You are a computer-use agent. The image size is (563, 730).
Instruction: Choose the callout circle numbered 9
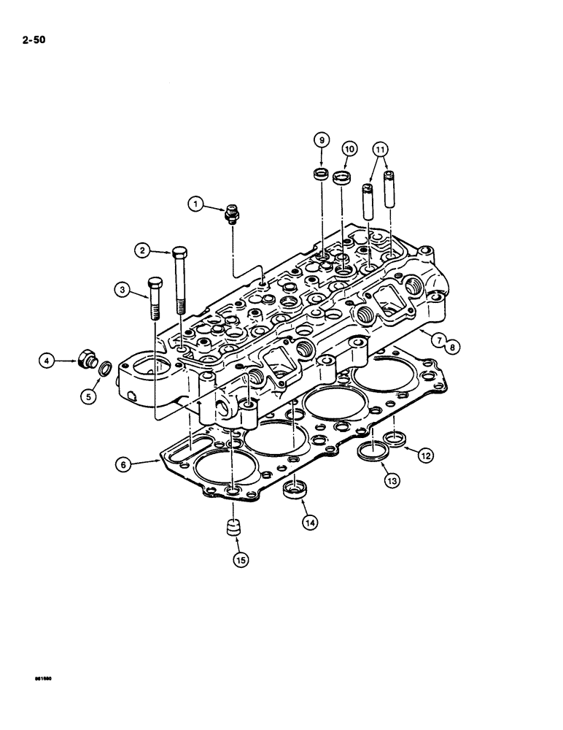pyautogui.click(x=322, y=139)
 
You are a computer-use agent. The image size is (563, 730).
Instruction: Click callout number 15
pyautogui.click(x=239, y=560)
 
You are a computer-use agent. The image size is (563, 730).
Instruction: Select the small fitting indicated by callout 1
pyautogui.click(x=231, y=212)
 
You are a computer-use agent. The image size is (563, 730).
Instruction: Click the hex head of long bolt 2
pyautogui.click(x=179, y=254)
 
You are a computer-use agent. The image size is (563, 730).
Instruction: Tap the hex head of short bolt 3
pyautogui.click(x=154, y=283)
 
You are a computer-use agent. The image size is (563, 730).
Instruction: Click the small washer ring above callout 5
pyautogui.click(x=105, y=366)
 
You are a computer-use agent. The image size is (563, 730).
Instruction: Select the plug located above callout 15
pyautogui.click(x=233, y=527)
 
